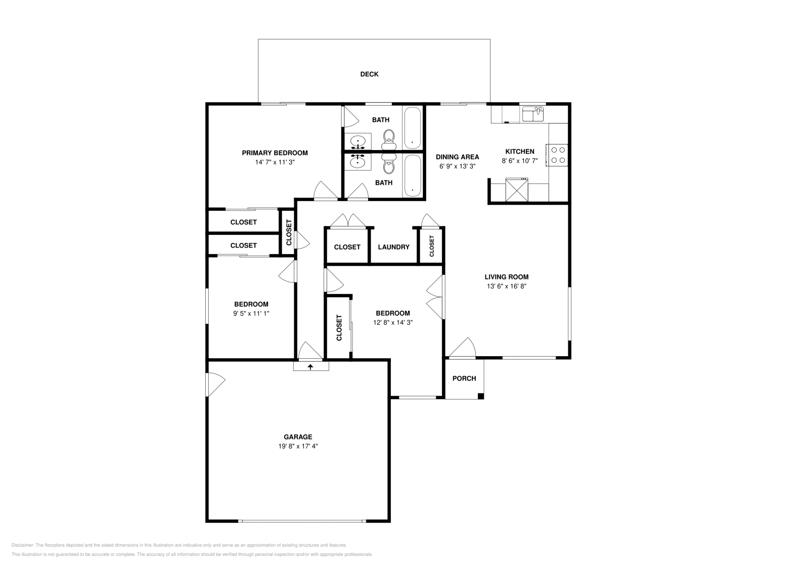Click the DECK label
[x=369, y=74]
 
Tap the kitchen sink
[x=533, y=114]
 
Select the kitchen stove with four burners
[x=557, y=155]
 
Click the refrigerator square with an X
[x=517, y=190]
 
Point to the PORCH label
[x=464, y=378]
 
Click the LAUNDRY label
[x=394, y=247]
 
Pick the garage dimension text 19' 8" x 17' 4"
[x=298, y=446]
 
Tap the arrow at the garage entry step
[x=310, y=367]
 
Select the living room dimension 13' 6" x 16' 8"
[x=506, y=286]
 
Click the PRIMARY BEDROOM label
[x=275, y=153]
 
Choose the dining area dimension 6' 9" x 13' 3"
[x=457, y=166]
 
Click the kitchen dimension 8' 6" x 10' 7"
[x=520, y=161]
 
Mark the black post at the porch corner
[x=481, y=396]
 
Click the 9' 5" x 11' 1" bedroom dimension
[x=251, y=314]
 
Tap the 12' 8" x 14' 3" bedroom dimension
[x=393, y=322]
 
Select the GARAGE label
[x=298, y=437]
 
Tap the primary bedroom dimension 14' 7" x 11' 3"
[x=275, y=162]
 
